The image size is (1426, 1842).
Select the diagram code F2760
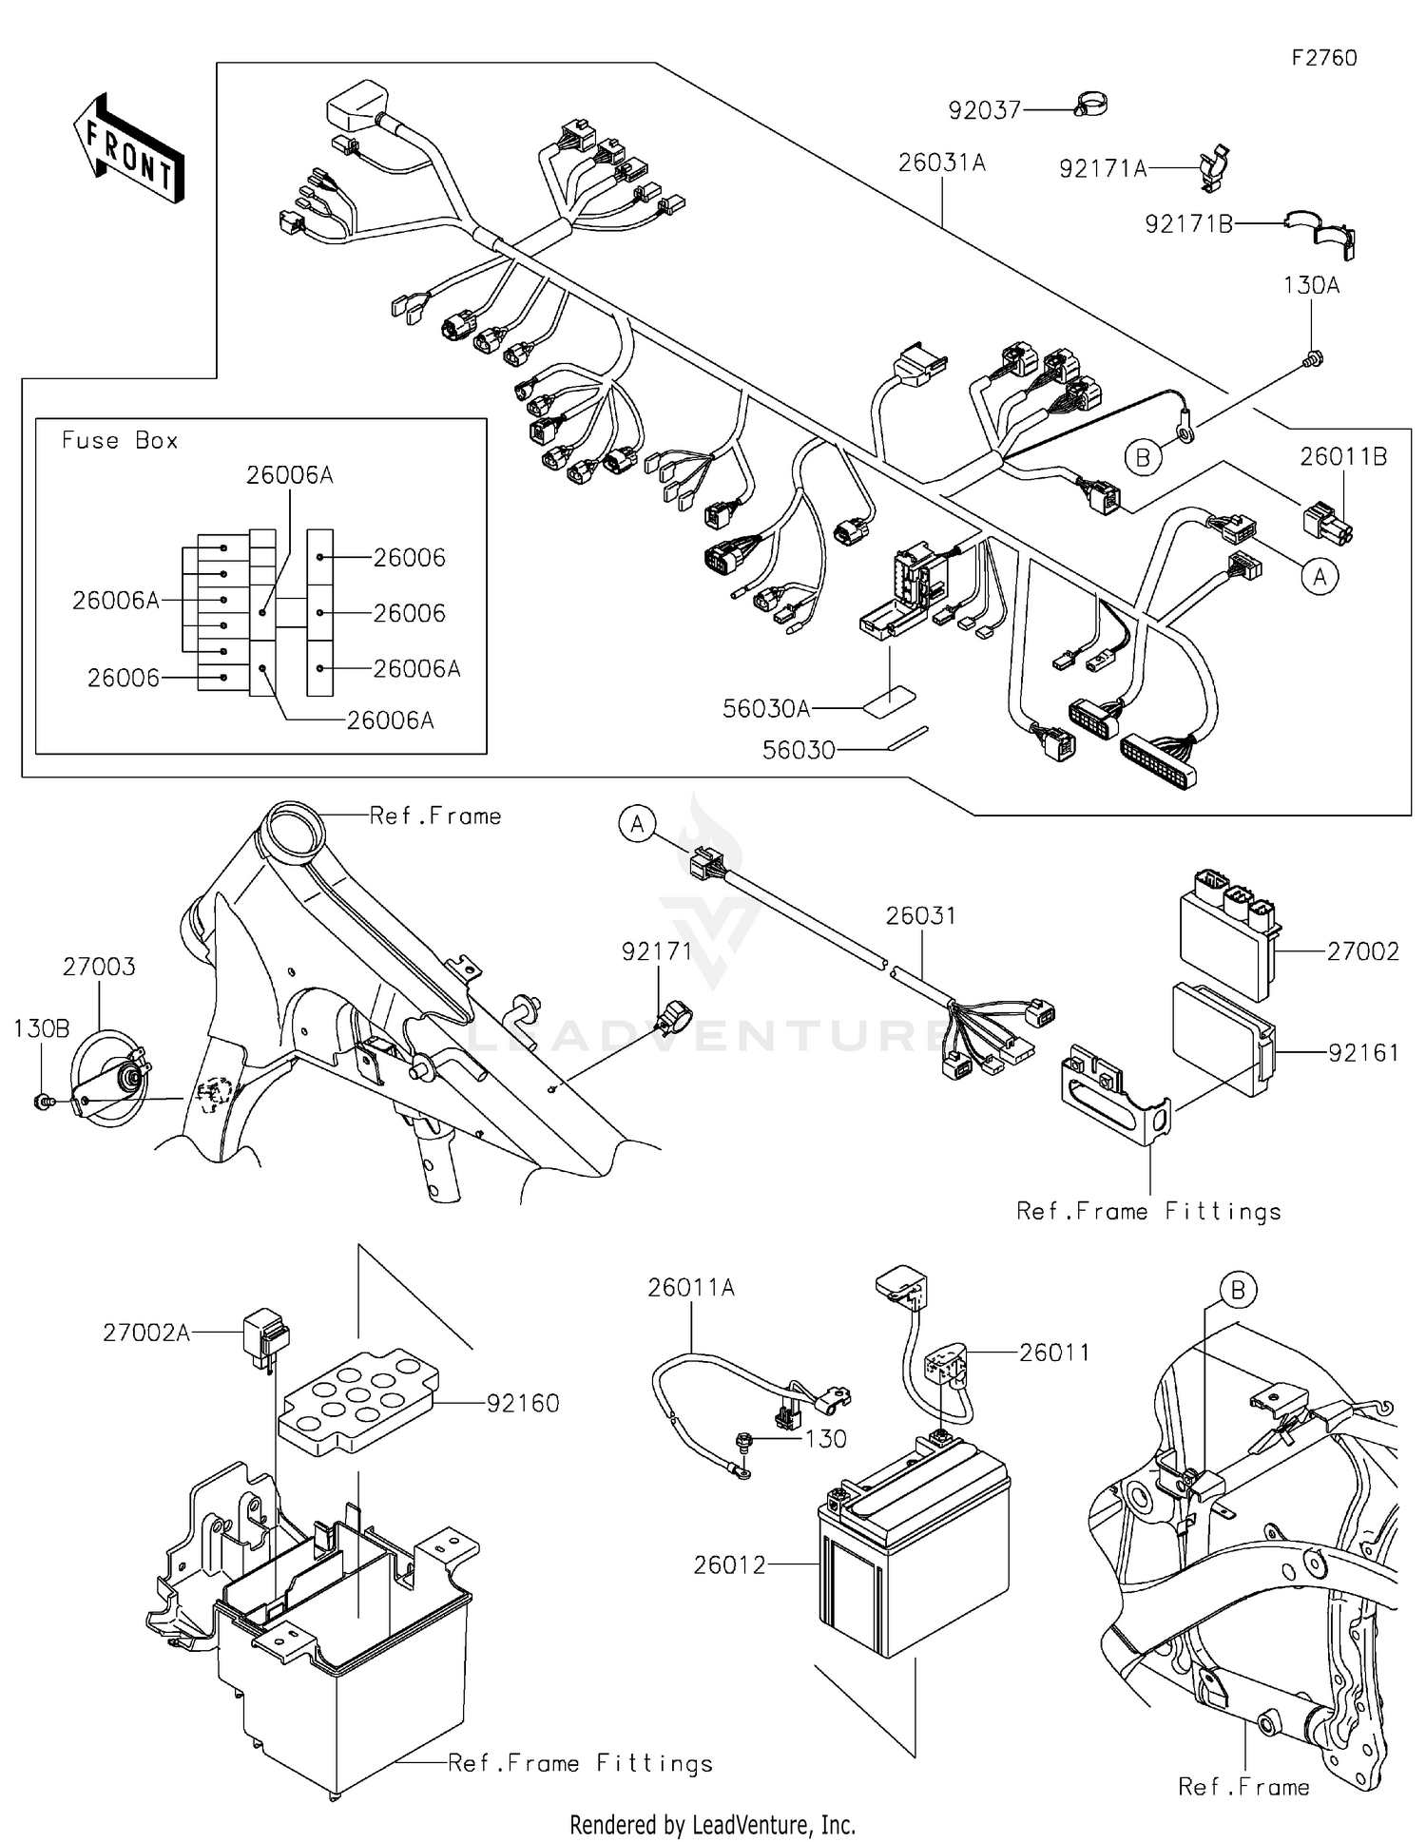point(1323,58)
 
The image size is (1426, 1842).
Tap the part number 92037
point(984,111)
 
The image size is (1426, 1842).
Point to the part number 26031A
point(942,163)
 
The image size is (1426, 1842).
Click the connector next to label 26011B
point(1327,524)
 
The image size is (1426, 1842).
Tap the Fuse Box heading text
point(120,441)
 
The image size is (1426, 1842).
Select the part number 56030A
point(766,709)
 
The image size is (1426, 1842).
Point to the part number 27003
point(99,968)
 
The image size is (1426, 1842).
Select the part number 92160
point(523,1404)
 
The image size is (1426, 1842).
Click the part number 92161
point(1363,1053)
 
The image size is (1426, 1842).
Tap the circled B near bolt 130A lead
point(1143,458)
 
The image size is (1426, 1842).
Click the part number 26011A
point(691,1288)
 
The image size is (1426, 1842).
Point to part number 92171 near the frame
point(657,951)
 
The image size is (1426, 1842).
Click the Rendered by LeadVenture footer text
point(712,1824)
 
